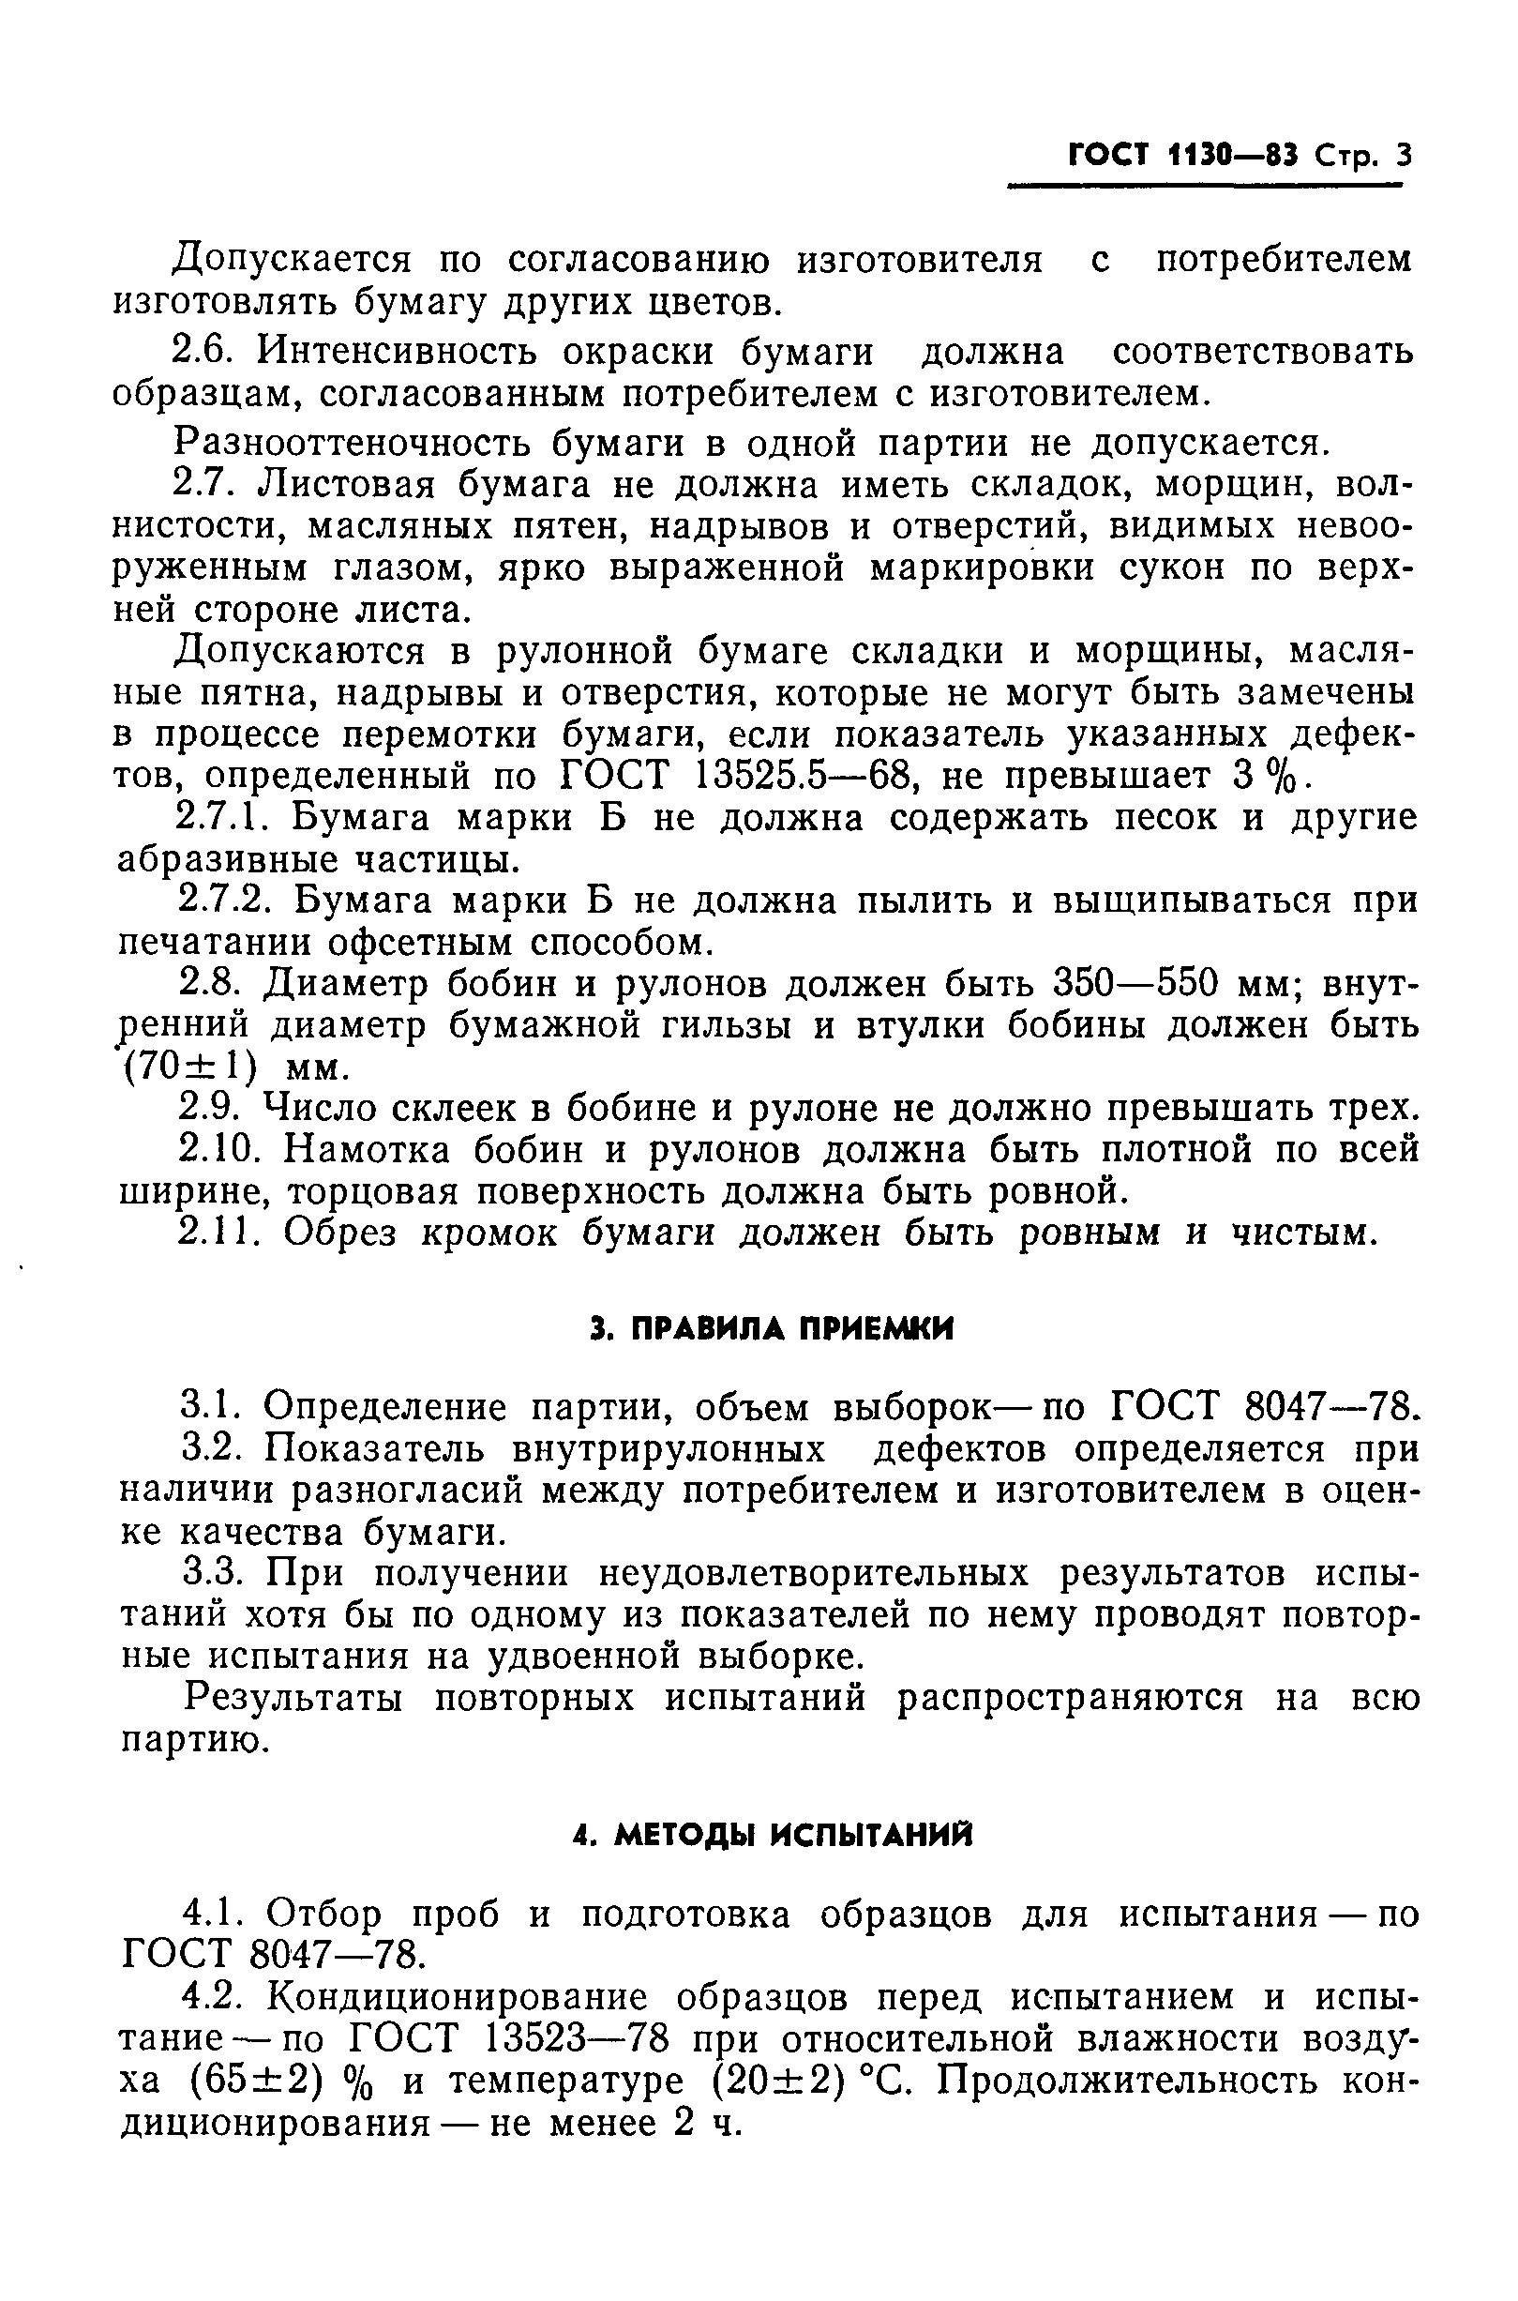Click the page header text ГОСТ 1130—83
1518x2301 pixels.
point(1181,155)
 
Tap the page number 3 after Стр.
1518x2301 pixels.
point(1403,155)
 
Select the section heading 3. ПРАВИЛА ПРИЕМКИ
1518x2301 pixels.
point(772,1329)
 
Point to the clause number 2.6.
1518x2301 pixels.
point(204,352)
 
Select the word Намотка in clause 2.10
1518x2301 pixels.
point(368,1149)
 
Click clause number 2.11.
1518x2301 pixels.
point(221,1233)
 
